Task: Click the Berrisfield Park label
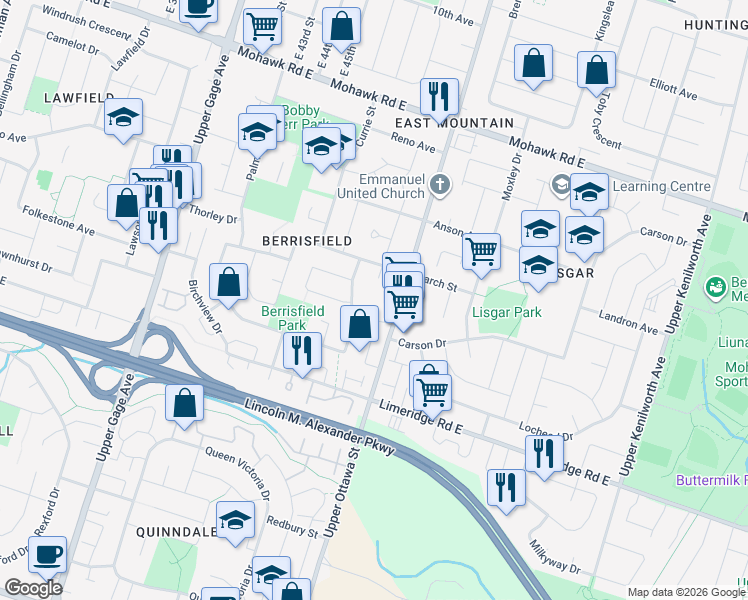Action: tap(292, 318)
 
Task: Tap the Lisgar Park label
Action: tap(506, 312)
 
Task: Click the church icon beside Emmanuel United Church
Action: tap(442, 184)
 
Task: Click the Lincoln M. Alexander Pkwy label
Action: tap(320, 426)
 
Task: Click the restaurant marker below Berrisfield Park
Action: tap(300, 350)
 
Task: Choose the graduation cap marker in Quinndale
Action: tap(235, 521)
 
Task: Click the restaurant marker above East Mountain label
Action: tap(439, 96)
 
